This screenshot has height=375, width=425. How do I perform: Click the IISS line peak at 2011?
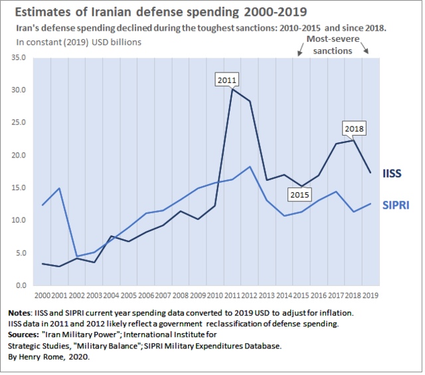pyautogui.click(x=232, y=89)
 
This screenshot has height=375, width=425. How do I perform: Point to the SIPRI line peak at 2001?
pyautogui.click(x=60, y=188)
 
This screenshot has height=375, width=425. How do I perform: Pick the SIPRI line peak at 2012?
pyautogui.click(x=249, y=166)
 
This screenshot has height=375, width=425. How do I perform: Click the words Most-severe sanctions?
pyautogui.click(x=329, y=45)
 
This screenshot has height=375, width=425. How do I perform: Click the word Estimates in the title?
pyautogui.click(x=42, y=13)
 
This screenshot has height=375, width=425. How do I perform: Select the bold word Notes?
pyautogui.click(x=23, y=312)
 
